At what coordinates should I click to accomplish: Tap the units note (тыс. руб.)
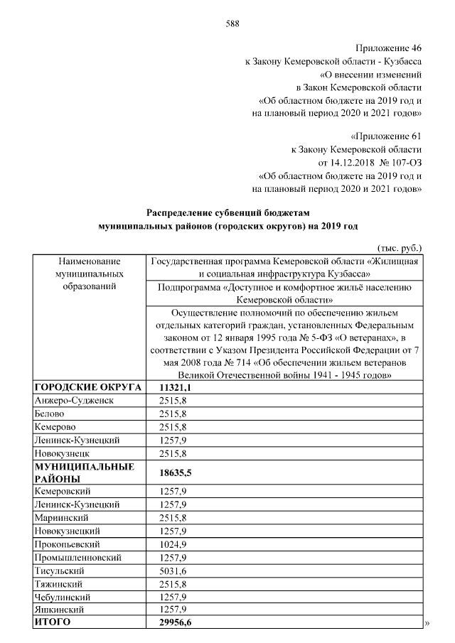tap(399, 248)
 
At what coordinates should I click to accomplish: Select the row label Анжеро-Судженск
tap(74, 401)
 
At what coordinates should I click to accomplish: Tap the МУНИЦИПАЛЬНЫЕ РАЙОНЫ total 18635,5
tap(179, 472)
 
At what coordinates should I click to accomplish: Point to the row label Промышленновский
tap(77, 557)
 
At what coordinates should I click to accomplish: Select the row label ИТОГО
tap(53, 622)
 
